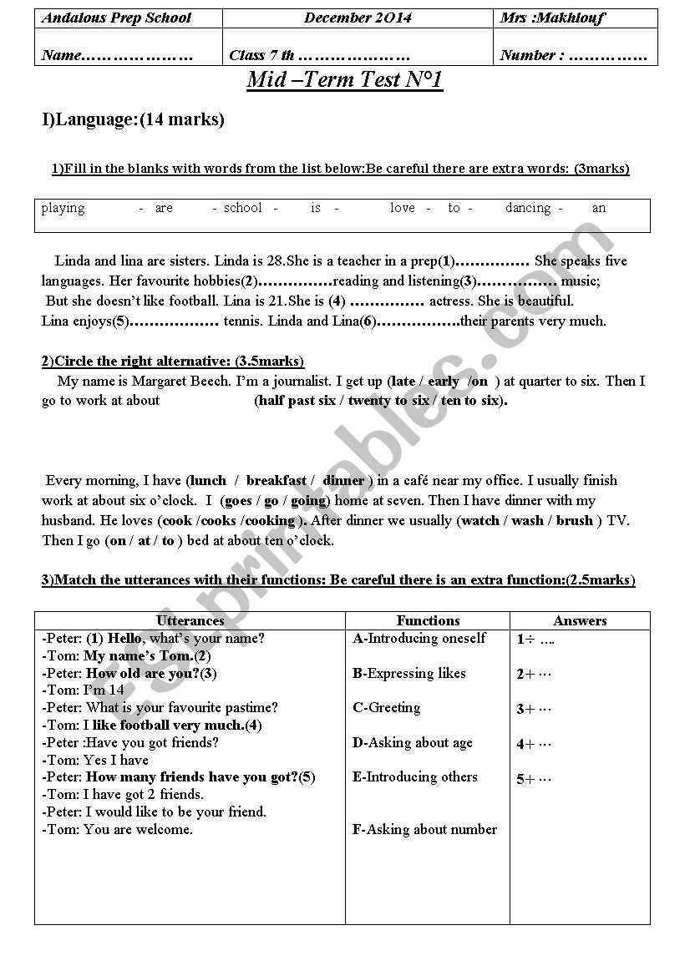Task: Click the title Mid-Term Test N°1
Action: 344,80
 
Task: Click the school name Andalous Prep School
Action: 116,18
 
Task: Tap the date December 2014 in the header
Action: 358,18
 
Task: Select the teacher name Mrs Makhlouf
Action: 551,18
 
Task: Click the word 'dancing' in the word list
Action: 528,208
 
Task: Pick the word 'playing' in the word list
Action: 63,208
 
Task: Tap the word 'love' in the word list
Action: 403,208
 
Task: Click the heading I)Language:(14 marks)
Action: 134,120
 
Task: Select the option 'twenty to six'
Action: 388,401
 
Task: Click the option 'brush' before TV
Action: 575,521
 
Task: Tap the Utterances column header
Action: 190,621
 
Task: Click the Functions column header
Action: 428,621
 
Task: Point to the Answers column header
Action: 580,621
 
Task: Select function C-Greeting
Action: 387,708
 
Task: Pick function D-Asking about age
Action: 413,742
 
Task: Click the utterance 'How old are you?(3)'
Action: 151,673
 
